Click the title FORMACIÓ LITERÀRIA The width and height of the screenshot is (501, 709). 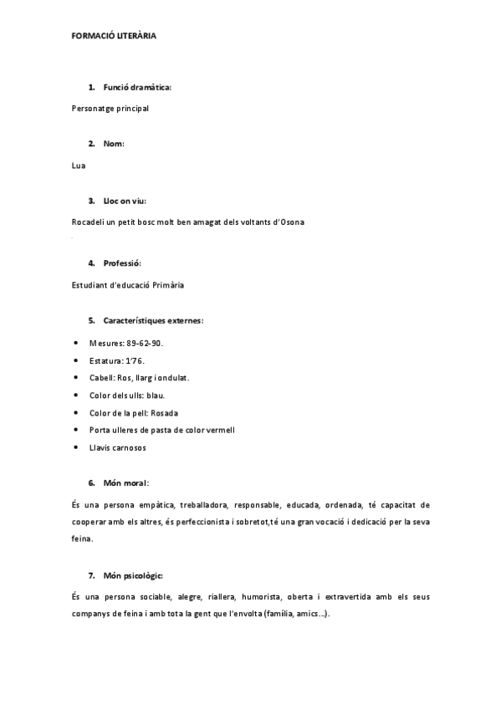[x=114, y=37]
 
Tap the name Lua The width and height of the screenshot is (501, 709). [x=79, y=165]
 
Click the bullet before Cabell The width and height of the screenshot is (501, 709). [x=76, y=378]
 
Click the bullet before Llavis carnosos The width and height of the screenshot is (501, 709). [x=76, y=447]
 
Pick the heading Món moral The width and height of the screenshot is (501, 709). [x=125, y=483]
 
